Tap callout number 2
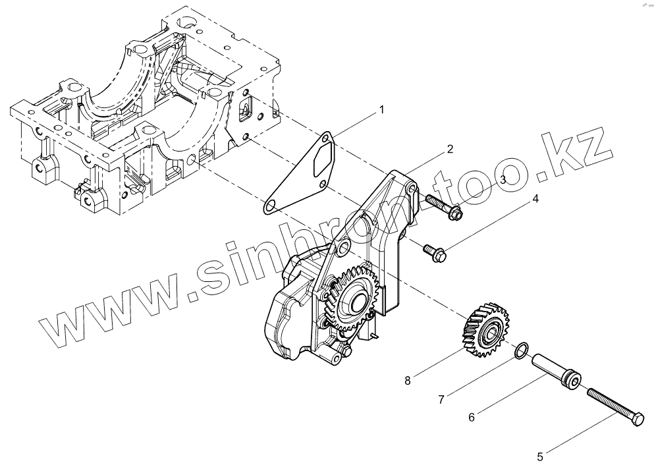point(449,149)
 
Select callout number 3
point(502,179)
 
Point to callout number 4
point(535,198)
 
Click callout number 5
point(540,455)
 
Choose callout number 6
point(472,416)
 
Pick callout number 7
point(442,399)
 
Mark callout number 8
point(408,379)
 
